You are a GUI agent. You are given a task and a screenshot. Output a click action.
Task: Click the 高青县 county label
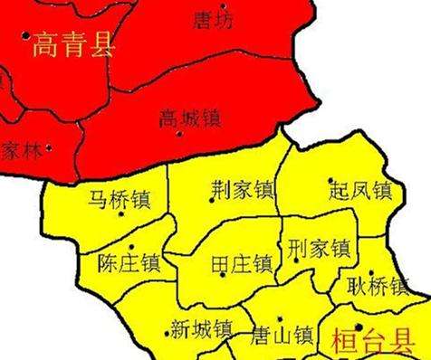73,45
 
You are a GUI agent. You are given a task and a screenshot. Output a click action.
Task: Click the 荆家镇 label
242,190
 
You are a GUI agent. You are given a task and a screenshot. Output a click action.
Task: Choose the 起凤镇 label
359,191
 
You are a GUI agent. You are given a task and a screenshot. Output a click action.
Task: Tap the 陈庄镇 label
128,263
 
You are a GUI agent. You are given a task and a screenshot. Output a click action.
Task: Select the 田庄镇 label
241,264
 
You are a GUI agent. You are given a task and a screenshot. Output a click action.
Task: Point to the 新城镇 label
200,327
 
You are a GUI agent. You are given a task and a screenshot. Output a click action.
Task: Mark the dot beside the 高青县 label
25,36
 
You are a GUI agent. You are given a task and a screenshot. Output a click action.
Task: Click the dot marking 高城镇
179,134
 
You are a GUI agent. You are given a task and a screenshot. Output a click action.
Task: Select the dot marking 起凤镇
331,180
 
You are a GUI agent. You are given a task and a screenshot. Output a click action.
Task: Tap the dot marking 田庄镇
223,274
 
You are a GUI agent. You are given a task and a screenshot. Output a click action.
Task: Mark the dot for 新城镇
167,334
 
